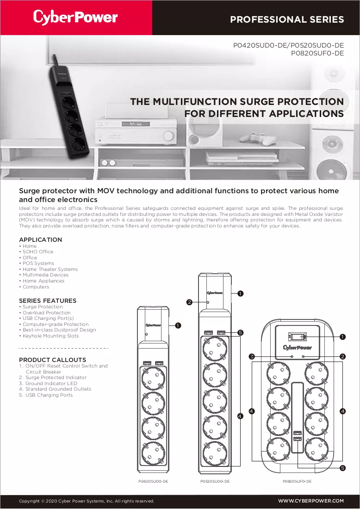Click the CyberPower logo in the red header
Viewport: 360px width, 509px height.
point(75,17)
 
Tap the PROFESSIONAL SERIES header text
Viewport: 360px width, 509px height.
point(287,19)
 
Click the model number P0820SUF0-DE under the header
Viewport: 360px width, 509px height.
point(317,53)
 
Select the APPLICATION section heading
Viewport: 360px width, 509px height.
point(40,239)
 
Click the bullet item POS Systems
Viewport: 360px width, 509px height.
point(38,263)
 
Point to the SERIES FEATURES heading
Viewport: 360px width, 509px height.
point(48,300)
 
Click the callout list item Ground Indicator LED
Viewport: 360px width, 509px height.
point(51,383)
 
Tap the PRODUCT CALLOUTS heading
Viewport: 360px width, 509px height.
point(53,360)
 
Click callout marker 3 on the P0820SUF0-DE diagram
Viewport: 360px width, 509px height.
point(252,356)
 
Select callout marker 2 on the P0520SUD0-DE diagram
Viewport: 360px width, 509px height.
point(189,302)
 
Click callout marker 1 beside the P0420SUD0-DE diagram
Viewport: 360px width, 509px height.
point(178,325)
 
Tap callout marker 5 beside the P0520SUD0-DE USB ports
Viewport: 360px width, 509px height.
point(241,332)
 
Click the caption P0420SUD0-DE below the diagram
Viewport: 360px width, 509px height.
point(153,481)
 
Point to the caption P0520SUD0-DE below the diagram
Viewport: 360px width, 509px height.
point(215,481)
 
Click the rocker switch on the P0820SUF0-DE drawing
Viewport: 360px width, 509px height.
point(297,336)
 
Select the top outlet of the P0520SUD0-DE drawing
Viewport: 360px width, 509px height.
point(215,349)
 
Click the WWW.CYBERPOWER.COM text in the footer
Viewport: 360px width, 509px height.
point(311,501)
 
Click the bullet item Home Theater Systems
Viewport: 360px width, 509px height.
point(50,269)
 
